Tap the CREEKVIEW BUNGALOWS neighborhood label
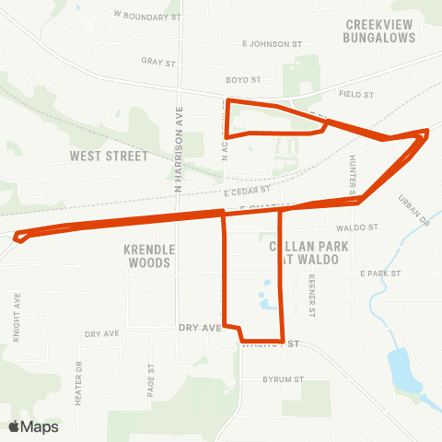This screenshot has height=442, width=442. [379, 31]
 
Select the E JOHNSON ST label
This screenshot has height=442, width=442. [272, 43]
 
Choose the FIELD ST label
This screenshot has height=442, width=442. [355, 94]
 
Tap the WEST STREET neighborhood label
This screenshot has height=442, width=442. [108, 157]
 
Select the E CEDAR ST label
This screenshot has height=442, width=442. [248, 191]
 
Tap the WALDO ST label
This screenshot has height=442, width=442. [357, 227]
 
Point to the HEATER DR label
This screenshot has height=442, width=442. [79, 372]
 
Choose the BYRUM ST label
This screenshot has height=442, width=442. [282, 379]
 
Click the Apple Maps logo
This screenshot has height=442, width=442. [33, 426]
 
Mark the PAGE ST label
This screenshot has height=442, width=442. [151, 376]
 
